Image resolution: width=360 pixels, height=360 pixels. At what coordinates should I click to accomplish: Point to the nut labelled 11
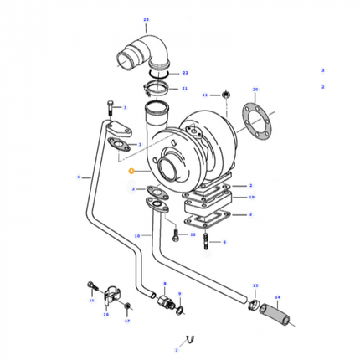coord(226,95)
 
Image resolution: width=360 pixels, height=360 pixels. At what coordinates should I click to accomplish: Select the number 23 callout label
coord(145,18)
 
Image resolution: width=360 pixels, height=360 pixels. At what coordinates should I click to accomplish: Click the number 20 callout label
coord(255,89)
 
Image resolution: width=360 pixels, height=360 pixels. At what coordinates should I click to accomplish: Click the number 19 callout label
coord(250,198)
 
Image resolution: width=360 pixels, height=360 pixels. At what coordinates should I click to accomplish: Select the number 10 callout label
coord(137,236)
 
